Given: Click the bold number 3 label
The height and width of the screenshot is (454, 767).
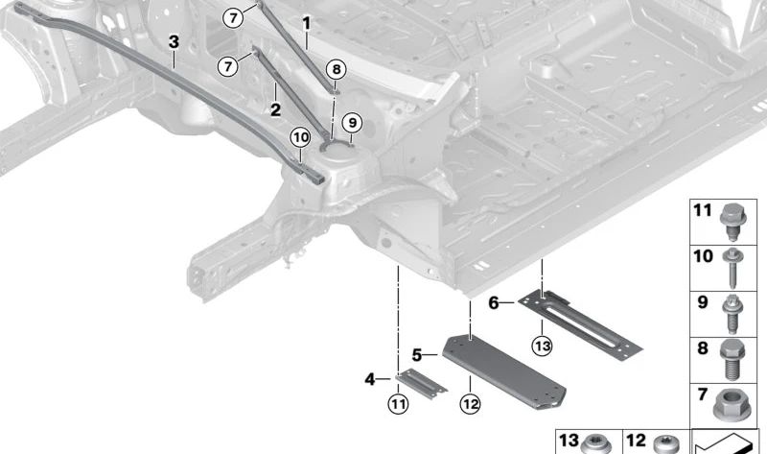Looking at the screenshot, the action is tap(174, 42).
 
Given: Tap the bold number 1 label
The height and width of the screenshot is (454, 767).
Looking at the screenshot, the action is tap(306, 23).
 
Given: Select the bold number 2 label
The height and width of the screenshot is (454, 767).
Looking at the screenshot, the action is tap(275, 109).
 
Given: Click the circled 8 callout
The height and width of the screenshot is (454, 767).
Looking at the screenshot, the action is tap(337, 69).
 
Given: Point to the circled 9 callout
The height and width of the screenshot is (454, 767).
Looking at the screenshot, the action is tap(352, 123).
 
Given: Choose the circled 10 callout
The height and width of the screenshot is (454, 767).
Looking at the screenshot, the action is tap(300, 137).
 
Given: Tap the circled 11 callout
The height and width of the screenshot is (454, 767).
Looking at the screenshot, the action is tap(398, 404).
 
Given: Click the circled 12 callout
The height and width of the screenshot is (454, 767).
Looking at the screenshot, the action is tap(470, 404).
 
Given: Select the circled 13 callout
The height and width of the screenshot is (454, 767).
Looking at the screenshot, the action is tap(542, 346).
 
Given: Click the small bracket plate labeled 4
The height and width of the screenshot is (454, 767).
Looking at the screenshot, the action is tap(421, 384).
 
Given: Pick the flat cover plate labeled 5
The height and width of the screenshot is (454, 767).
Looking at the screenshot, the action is tap(504, 370).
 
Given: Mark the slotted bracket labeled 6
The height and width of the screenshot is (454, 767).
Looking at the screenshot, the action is tap(580, 324).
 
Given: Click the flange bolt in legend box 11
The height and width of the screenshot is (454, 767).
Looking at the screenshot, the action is tap(732, 222).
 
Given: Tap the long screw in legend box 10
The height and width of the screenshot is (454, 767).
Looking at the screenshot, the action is tap(732, 268).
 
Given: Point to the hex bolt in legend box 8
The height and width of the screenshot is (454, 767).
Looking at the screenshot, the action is tap(732, 359).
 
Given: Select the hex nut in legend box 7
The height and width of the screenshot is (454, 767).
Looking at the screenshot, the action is tap(732, 404).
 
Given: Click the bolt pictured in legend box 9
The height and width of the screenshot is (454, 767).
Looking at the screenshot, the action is tap(732, 314).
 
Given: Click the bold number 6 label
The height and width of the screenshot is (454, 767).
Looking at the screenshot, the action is tap(494, 303).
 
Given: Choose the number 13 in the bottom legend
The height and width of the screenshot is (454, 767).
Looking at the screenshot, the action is tap(569, 441).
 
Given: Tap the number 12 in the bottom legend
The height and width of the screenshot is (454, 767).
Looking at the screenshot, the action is tap(636, 441).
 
